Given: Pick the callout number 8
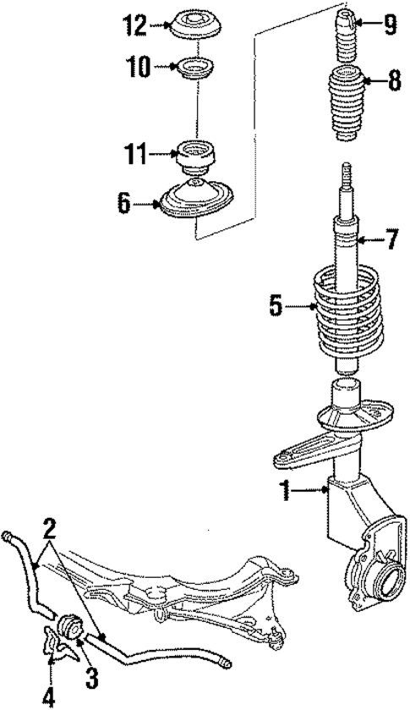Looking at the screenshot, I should pyautogui.click(x=394, y=82).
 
